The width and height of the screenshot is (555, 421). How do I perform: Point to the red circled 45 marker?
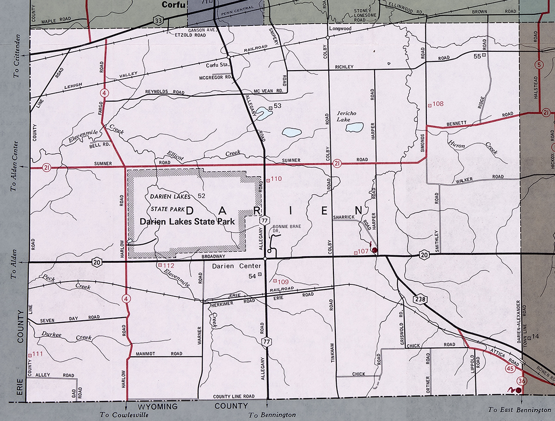[x=511, y=369]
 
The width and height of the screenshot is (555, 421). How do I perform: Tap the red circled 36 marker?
[x=522, y=380]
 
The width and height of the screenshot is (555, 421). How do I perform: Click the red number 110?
[x=276, y=179]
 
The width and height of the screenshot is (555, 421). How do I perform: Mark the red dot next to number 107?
[x=375, y=251]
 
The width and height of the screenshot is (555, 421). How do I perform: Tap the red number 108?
[x=438, y=104]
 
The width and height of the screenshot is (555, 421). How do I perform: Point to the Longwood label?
[x=340, y=28]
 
